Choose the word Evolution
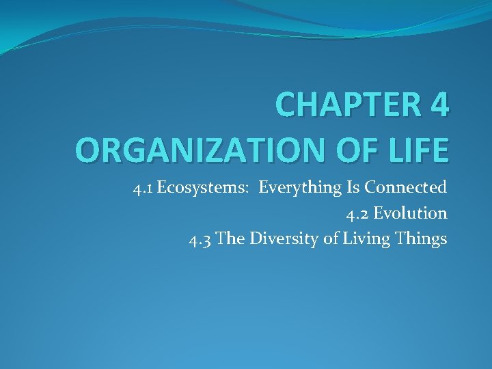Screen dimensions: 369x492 [x=411, y=214]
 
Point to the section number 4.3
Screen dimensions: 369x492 [x=200, y=240]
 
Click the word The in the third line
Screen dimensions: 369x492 [x=230, y=240]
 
